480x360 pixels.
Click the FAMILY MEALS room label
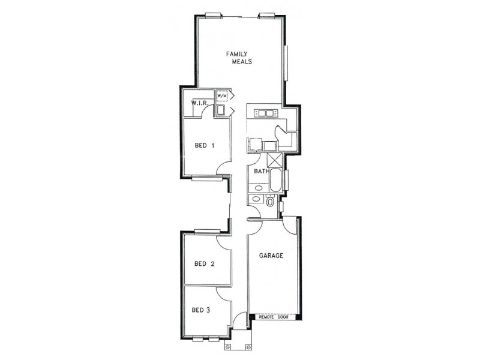pyautogui.click(x=238, y=58)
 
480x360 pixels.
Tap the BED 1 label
pyautogui.click(x=205, y=145)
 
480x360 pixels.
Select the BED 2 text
pyautogui.click(x=204, y=263)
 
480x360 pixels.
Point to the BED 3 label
pyautogui.click(x=201, y=310)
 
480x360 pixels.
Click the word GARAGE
pyautogui.click(x=271, y=256)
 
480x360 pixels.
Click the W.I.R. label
pyautogui.click(x=199, y=103)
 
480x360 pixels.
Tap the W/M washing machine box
pyautogui.click(x=221, y=96)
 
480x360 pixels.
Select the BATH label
pyautogui.click(x=261, y=172)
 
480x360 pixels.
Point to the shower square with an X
pyautogui.click(x=275, y=161)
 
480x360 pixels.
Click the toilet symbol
pyautogui.click(x=270, y=202)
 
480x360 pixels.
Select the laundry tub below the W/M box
pyautogui.click(x=221, y=110)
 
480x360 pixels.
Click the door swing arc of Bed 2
pyautogui.click(x=223, y=242)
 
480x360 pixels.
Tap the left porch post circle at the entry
pyautogui.click(x=228, y=346)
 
